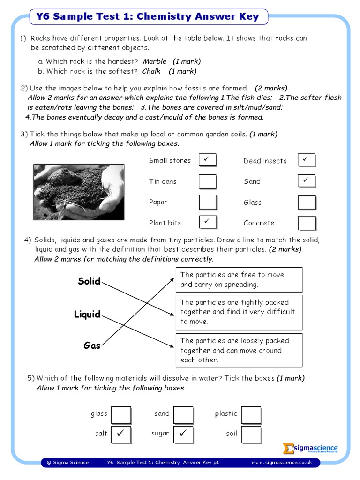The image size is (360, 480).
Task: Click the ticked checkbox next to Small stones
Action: pos(208,160)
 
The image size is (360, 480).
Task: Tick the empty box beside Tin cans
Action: pos(208,181)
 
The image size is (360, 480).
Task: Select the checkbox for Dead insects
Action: pos(307,160)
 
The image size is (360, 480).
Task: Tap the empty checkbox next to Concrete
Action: pos(307,223)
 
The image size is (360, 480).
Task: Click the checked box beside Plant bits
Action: pos(208,222)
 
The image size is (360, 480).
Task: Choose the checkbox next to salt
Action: pos(121,434)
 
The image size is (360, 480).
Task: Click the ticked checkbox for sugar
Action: pos(183,434)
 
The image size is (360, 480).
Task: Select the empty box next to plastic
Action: pos(251,414)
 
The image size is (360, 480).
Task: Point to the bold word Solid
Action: pos(89,281)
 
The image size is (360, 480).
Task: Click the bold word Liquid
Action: pos(87,315)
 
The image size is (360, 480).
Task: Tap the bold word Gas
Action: pos(92,346)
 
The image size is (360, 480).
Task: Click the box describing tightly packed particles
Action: pos(239,312)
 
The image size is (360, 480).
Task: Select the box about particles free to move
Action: pos(239,280)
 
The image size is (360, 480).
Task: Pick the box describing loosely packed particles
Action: pos(239,350)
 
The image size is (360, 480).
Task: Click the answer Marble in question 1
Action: pos(155,61)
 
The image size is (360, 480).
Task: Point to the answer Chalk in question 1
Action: pos(151,71)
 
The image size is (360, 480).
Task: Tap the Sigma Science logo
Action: pos(310,449)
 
